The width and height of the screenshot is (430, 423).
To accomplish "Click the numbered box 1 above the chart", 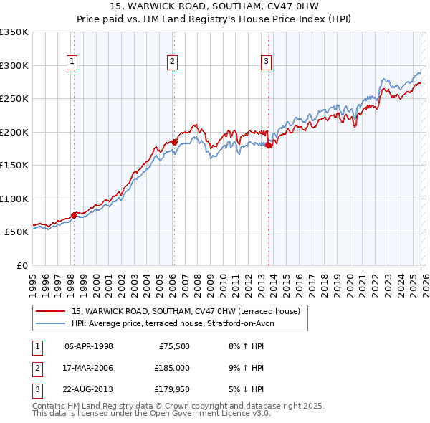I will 73,62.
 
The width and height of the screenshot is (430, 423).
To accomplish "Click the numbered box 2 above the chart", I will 173,62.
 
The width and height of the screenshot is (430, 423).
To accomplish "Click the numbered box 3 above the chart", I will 266,62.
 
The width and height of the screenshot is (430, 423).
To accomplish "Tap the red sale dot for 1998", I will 74,215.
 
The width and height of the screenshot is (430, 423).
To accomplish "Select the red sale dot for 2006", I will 174,143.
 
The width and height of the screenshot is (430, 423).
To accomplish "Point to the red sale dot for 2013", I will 269,146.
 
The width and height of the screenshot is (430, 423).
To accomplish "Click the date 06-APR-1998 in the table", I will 89,346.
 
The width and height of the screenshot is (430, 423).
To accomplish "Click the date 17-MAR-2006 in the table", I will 89,368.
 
